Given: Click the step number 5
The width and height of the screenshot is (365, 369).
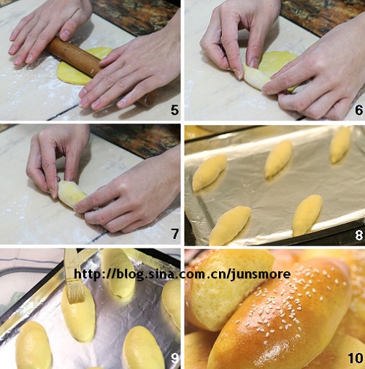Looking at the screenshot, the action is (x=174, y=110).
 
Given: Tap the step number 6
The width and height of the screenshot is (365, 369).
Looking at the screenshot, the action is (x=359, y=110).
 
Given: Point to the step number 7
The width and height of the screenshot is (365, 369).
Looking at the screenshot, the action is (x=175, y=234).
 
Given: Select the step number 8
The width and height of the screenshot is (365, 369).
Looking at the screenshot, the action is (x=359, y=235).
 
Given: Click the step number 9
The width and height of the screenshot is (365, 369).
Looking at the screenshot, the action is (x=174, y=358).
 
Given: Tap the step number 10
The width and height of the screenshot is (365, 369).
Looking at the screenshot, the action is (x=356, y=358).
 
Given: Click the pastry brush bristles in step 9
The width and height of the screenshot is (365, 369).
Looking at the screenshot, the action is (x=75, y=294).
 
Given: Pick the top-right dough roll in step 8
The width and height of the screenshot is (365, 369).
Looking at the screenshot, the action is (x=340, y=145).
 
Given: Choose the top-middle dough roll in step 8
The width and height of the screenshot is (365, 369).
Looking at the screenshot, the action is (x=279, y=159).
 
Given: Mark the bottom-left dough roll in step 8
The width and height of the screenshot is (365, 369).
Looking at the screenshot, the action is (x=230, y=225).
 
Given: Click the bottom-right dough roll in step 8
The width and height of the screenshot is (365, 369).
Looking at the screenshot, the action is (x=307, y=215).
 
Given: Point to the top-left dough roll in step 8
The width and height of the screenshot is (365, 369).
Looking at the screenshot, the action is (x=210, y=172).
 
